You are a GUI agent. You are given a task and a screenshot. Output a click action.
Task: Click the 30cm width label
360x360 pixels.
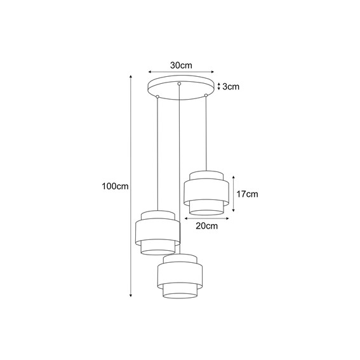pos(181,65)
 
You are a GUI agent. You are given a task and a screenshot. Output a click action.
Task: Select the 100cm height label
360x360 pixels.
pos(114,187)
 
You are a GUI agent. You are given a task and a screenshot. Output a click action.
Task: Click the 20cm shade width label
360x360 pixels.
pos(207,225)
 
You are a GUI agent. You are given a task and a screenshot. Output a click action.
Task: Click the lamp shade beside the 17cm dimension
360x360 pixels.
pos(204,191)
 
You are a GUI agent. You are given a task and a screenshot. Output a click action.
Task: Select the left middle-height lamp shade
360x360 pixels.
pos(157,232)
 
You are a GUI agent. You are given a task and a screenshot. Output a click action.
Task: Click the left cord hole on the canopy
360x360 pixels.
pos(157,97)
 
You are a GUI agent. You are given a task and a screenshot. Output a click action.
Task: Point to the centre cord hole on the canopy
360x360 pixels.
pos(180,84)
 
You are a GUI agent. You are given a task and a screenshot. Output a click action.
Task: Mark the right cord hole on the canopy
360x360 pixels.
pos(205,96)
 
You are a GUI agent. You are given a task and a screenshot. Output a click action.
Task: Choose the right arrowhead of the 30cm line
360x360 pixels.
pos(213,72)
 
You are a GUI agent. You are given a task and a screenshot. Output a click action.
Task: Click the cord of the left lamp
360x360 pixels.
pos(157,152)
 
